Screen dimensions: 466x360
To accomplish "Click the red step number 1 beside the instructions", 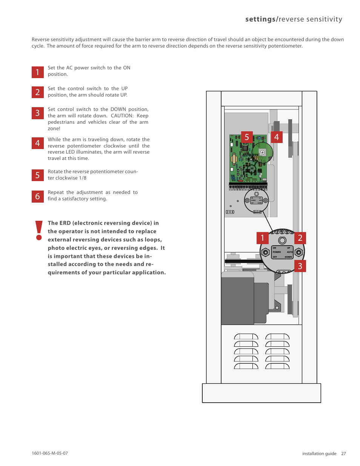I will (x=38, y=72).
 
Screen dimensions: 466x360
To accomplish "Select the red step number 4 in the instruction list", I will (x=38, y=143).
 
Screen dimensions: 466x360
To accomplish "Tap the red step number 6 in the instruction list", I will (x=38, y=196).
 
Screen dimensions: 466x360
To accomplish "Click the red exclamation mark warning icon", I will (x=38, y=230).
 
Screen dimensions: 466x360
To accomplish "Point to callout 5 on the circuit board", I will (x=247, y=137).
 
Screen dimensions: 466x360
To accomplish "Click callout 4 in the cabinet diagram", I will (x=277, y=137).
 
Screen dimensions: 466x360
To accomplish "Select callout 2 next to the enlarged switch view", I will (x=300, y=238).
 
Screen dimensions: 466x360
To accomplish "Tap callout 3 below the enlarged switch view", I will (x=300, y=266).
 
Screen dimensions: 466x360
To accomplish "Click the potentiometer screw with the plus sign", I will (x=262, y=153).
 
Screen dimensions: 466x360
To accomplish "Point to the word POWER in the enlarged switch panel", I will (x=277, y=252).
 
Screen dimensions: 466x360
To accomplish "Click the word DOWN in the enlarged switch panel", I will (x=288, y=257).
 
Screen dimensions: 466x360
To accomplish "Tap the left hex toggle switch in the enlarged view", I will (x=265, y=252).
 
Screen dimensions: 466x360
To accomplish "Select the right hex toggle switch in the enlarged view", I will (x=299, y=252).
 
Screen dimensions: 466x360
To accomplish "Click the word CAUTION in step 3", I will (x=122, y=116).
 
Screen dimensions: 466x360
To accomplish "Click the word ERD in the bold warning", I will (x=65, y=223).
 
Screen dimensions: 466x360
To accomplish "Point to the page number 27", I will (x=343, y=454).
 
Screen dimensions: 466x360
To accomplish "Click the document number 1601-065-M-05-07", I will (x=50, y=453).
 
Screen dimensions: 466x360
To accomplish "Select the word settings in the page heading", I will (x=260, y=19).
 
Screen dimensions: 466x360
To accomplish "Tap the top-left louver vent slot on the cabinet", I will (x=246, y=337).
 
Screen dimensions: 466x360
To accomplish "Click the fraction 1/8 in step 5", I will (x=83, y=178).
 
